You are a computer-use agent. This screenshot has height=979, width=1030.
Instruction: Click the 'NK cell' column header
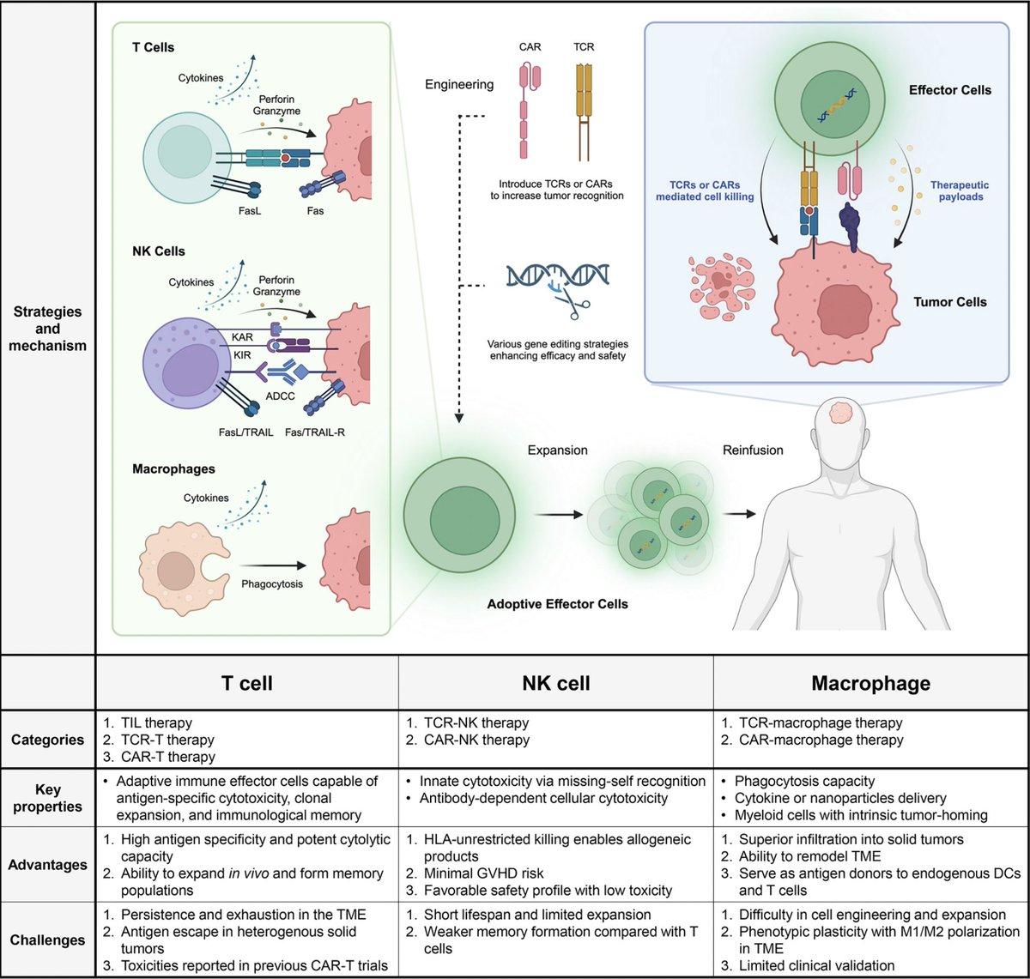[555, 684]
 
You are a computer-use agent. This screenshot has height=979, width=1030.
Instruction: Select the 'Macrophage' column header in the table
[870, 684]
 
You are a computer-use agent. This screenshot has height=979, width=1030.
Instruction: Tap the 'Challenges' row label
[48, 940]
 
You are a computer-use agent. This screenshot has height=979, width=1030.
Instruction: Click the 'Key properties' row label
[48, 798]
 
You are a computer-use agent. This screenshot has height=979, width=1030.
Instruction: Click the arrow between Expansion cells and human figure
[739, 514]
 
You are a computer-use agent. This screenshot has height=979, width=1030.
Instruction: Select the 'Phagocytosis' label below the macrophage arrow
[271, 584]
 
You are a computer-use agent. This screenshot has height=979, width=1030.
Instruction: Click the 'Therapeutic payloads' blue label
[960, 190]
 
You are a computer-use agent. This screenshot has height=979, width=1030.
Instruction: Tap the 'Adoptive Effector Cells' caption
[557, 604]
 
